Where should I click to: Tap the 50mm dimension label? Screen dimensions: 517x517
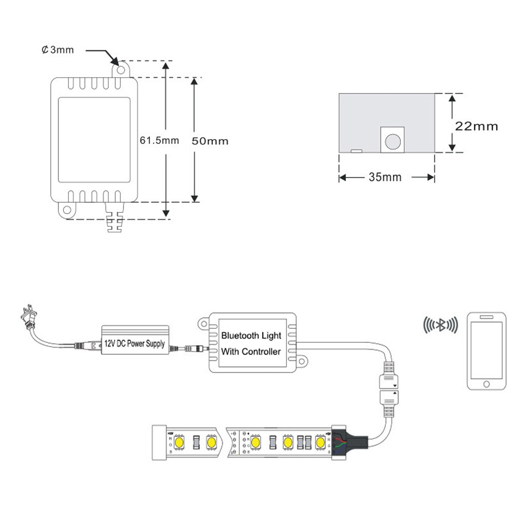[x=209, y=141]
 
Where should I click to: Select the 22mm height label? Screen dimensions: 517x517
[x=476, y=126]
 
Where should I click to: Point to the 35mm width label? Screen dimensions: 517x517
[x=385, y=177]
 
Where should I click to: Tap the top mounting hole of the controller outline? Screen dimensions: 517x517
[x=120, y=69]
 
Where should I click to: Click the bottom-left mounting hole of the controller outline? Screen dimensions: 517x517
[x=66, y=210]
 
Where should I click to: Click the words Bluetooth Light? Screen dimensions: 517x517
[x=251, y=335]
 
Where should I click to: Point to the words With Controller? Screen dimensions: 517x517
[x=251, y=352]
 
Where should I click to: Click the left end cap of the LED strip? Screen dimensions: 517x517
[x=158, y=442]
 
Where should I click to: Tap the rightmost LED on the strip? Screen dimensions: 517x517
[x=321, y=443]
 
